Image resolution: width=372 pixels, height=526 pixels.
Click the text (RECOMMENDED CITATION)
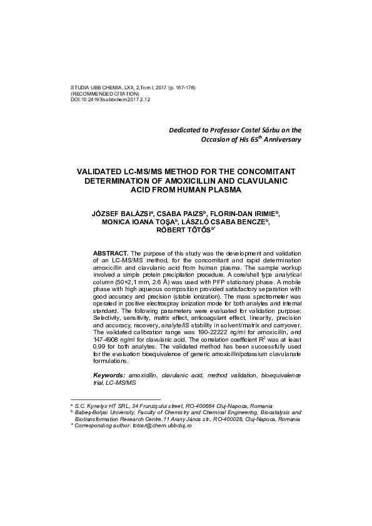point(105,93)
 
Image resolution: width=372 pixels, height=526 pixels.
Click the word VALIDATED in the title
point(103,171)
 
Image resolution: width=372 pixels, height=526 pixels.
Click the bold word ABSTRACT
point(111,251)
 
